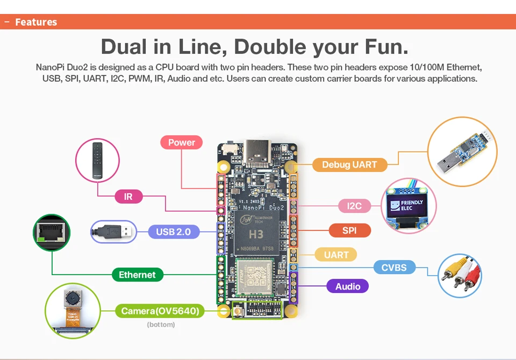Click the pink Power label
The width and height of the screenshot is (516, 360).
182,142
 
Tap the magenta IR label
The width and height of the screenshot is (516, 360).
128,197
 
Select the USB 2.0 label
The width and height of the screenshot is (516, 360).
173,232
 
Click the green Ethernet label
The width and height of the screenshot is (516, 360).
137,275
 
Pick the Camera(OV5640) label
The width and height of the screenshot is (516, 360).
160,311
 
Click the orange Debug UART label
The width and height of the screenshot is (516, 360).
349,164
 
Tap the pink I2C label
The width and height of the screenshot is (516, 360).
354,206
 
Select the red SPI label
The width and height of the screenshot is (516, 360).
349,231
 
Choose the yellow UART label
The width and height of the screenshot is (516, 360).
336,255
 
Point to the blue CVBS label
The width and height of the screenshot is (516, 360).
394,267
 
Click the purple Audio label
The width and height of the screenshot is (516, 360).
348,286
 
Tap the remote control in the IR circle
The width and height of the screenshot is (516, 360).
97,160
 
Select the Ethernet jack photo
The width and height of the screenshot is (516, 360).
52,233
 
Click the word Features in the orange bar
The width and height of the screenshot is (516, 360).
36,22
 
